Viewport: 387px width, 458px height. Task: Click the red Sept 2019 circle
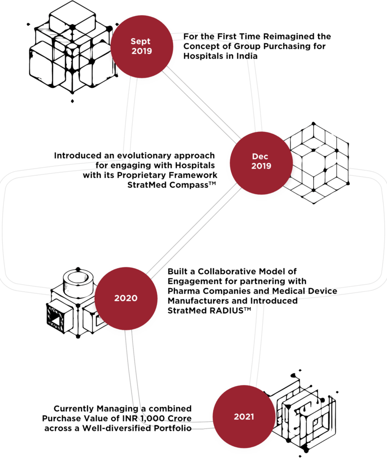coord(141,46)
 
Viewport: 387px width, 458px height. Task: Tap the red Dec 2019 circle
coord(261,161)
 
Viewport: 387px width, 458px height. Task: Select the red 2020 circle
coord(126,298)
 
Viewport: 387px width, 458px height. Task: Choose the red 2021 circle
coord(244,416)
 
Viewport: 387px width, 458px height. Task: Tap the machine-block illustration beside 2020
coord(72,304)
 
